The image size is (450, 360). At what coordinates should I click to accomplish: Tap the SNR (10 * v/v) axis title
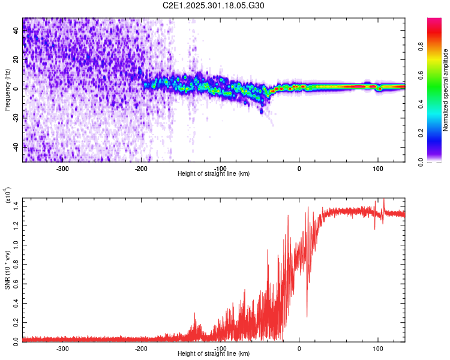pos(7,268)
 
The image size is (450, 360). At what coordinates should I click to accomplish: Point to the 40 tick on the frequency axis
pos(16,31)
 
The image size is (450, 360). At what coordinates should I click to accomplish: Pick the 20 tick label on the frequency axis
pos(16,60)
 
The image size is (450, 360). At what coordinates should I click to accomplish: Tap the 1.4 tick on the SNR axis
pos(16,206)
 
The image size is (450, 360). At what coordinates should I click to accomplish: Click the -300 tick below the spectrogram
pos(63,167)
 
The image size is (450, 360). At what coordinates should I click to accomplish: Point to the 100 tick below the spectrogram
pos(378,167)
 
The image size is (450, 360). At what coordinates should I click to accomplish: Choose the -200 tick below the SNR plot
pos(142,348)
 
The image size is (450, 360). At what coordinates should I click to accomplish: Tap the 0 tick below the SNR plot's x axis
pos(299,348)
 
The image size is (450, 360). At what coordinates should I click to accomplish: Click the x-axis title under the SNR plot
pos(214,354)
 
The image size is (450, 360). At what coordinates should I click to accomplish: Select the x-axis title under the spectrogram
pos(214,173)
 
